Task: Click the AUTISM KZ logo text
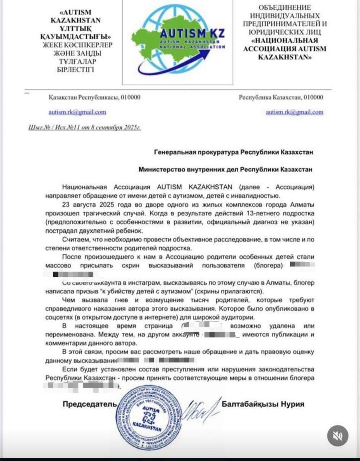[192, 34]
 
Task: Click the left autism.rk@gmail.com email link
[77, 112]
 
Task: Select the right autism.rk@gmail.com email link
[294, 112]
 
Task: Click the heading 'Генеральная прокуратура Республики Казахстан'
[233, 152]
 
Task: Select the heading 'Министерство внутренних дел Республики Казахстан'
[225, 169]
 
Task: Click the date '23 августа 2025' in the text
[85, 205]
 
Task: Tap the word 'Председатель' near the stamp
[90, 404]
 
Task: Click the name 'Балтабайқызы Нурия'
[263, 404]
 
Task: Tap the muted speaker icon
[337, 436]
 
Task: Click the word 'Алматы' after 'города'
[302, 205]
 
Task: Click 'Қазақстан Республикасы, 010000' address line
[94, 97]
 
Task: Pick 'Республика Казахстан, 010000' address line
[281, 97]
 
